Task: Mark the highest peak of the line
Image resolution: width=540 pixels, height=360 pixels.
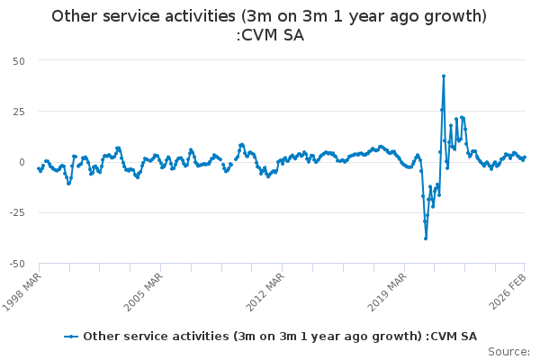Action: (444, 76)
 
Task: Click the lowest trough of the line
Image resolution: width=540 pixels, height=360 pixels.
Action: (426, 238)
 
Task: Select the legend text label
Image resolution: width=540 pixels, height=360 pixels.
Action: (280, 337)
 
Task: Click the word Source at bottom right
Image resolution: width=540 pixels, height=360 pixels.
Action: (508, 351)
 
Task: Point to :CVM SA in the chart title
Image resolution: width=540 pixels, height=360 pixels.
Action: (269, 36)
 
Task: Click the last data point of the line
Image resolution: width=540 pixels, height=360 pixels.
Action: (525, 157)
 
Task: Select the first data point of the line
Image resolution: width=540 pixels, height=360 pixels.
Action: (39, 168)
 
